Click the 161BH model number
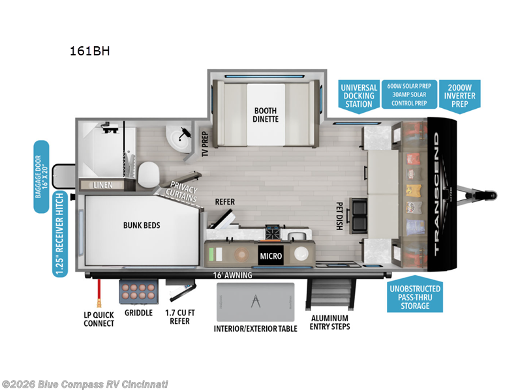click(x=89, y=51)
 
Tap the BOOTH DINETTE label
click(x=266, y=115)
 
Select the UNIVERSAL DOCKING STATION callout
click(x=359, y=95)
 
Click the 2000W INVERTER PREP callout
click(x=460, y=95)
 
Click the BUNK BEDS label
click(x=142, y=225)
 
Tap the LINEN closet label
click(x=103, y=185)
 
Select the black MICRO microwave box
click(x=271, y=255)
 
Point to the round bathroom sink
click(x=176, y=138)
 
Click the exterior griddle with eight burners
click(x=138, y=291)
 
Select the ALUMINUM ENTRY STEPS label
click(x=330, y=322)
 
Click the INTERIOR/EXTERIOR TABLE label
click(x=256, y=328)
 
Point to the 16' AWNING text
click(x=232, y=275)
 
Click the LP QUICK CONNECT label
click(x=99, y=319)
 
